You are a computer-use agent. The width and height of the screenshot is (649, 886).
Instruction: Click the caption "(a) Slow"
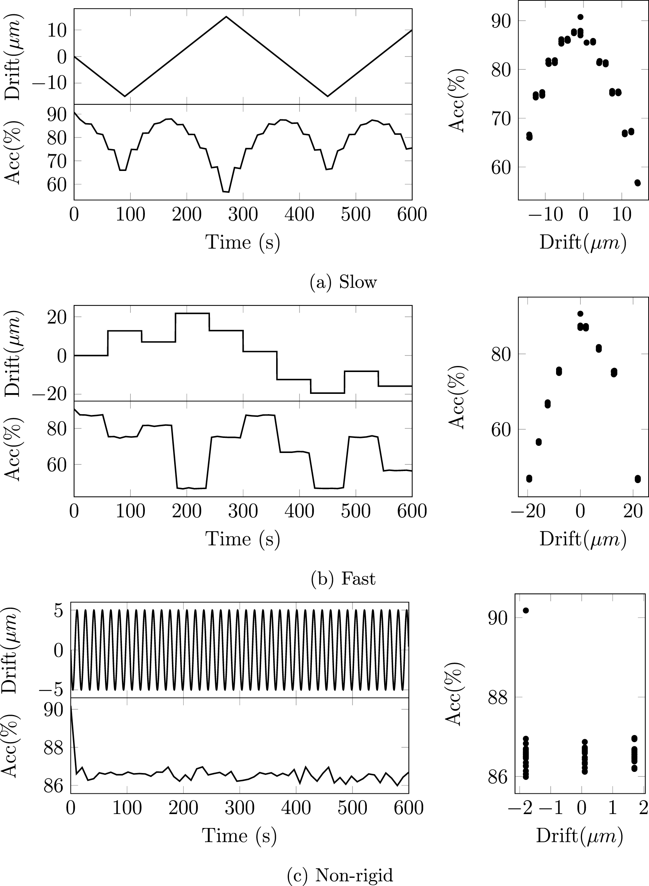click(343, 282)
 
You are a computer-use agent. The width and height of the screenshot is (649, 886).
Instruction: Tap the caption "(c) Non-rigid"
click(340, 875)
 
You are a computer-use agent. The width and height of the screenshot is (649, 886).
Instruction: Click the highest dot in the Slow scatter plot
click(580, 17)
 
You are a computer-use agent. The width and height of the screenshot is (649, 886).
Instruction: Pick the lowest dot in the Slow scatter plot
click(637, 183)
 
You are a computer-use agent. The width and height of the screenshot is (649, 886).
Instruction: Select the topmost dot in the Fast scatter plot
click(580, 314)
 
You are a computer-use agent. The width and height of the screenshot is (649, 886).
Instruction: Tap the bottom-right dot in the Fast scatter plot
click(638, 479)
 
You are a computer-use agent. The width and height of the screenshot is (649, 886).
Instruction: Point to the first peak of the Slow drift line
click(226, 17)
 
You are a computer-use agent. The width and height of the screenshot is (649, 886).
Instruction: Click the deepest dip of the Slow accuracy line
click(226, 192)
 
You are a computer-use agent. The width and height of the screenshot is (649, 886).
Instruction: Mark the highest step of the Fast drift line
click(192, 313)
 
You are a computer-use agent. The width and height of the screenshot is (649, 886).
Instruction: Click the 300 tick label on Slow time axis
click(243, 215)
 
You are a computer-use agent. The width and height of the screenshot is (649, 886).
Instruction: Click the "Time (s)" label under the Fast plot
click(243, 538)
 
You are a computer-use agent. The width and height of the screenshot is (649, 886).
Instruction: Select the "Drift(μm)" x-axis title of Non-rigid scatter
click(579, 836)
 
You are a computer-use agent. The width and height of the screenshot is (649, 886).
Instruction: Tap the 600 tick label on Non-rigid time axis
click(409, 808)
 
